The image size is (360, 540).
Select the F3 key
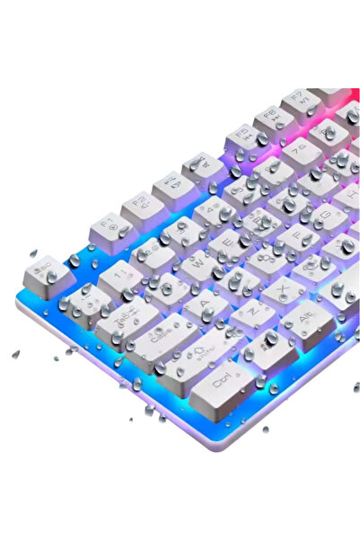pyautogui.click(x=170, y=185)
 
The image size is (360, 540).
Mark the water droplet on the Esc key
pyautogui.click(x=52, y=275)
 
